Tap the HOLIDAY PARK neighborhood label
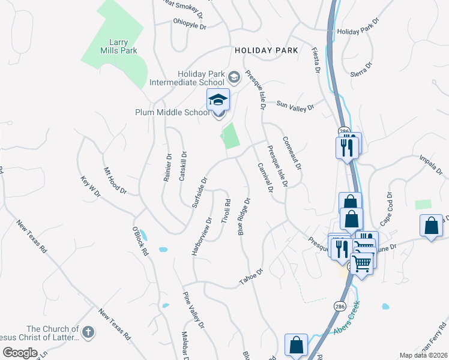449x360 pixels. tap(267, 51)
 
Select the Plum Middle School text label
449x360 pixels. tap(172, 112)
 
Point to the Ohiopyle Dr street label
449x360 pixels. tap(189, 26)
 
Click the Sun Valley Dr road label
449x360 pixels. tap(295, 106)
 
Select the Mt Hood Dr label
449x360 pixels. tap(115, 181)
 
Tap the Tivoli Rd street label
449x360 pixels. tap(226, 211)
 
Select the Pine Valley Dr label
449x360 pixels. tap(194, 310)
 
